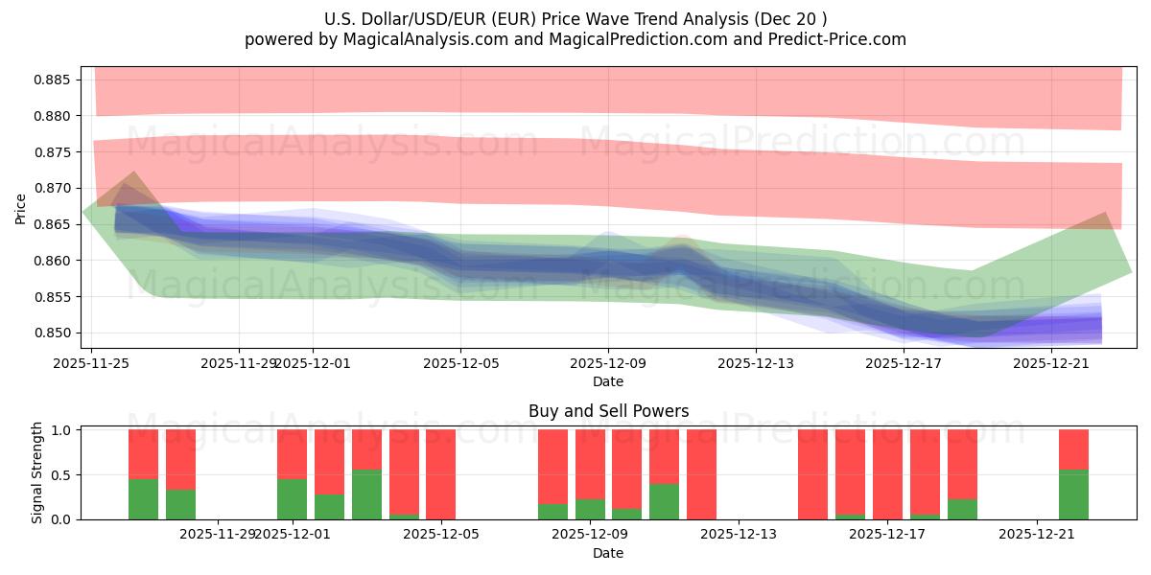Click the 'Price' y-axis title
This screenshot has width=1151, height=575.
click(x=21, y=208)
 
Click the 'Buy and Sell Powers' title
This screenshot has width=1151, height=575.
click(x=608, y=411)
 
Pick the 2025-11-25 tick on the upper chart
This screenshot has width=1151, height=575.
click(x=91, y=363)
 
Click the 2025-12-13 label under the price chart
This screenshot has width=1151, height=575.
click(x=756, y=363)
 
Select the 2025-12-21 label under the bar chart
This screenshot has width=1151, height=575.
click(x=1037, y=534)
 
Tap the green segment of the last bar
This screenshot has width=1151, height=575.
click(x=1073, y=494)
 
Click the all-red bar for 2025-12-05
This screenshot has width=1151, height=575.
click(x=440, y=474)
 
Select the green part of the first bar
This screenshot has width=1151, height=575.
click(x=143, y=499)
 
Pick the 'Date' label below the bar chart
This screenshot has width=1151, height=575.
click(x=608, y=553)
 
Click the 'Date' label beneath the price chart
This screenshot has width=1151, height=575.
click(x=608, y=381)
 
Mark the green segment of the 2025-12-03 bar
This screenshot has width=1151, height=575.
click(x=366, y=494)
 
